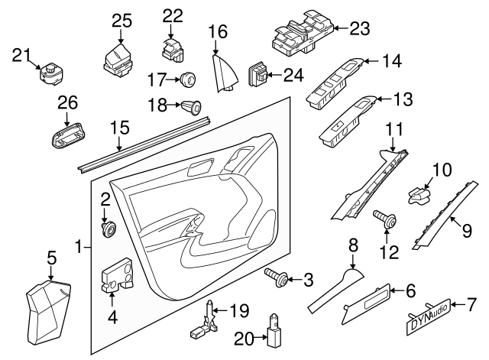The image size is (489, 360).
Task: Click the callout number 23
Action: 358,28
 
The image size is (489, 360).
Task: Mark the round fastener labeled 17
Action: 186,78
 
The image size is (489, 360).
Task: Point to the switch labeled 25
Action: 118,58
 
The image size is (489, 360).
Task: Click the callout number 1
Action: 78,246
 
